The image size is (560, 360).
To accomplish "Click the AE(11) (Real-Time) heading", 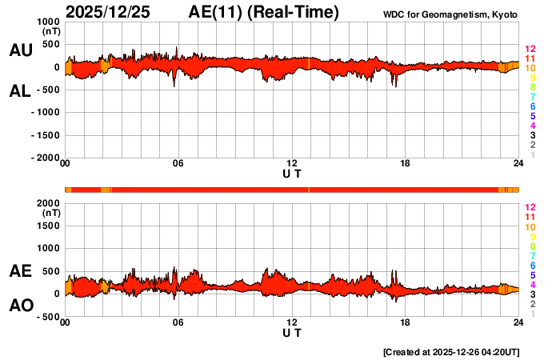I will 263,12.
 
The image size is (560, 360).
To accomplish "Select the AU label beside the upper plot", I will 20,50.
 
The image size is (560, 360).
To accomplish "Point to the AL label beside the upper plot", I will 20,91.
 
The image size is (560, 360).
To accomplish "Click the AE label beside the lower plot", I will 20,271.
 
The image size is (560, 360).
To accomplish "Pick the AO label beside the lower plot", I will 20,305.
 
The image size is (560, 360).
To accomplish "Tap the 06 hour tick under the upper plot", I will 178,165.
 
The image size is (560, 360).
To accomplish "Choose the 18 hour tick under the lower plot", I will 406,323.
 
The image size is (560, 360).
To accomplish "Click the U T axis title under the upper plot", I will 292,174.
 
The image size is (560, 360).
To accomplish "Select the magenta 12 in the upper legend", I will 529,50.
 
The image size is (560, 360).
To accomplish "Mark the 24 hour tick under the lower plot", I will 518,323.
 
